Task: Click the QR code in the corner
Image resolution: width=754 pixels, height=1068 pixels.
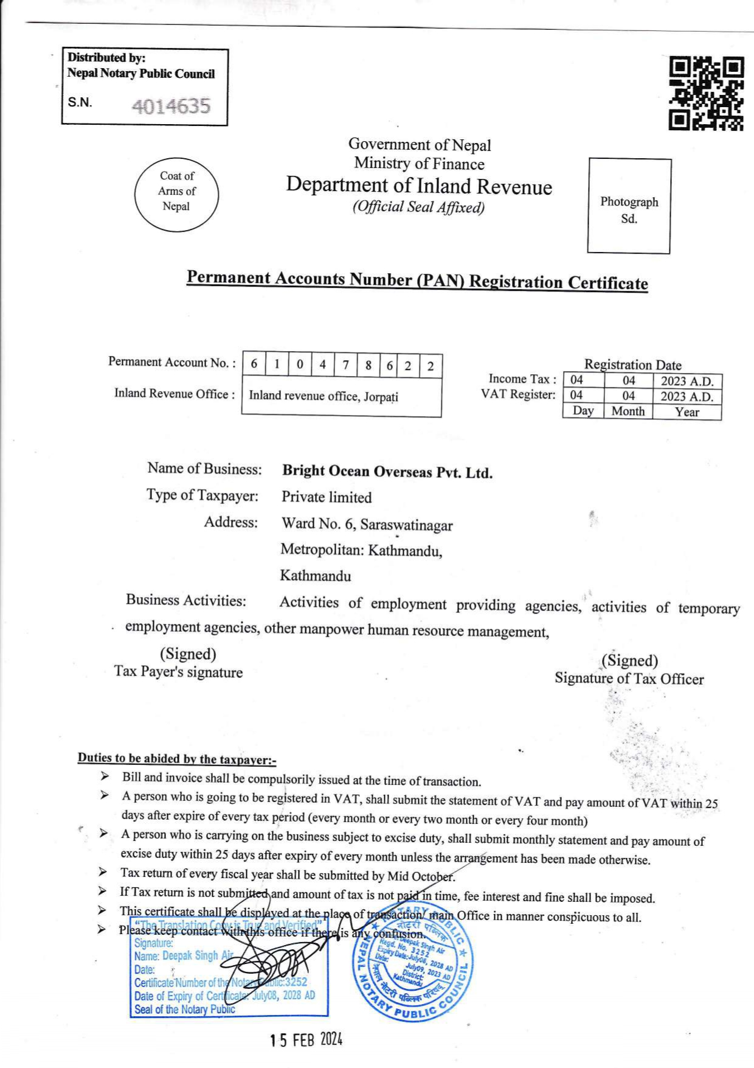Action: click(x=706, y=93)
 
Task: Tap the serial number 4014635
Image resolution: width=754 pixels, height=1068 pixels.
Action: click(x=171, y=106)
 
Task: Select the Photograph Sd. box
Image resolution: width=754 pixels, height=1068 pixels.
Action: click(x=629, y=206)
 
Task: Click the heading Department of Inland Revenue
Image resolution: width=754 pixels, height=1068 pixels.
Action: click(x=419, y=186)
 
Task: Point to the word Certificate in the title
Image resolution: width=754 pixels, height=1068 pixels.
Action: click(x=607, y=283)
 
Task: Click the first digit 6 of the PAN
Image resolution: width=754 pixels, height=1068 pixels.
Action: click(x=254, y=365)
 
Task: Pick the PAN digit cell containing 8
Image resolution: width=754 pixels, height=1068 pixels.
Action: click(x=368, y=365)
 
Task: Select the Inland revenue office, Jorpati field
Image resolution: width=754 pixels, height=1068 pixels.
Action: click(x=323, y=396)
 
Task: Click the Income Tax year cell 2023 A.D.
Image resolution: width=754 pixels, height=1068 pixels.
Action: click(x=687, y=382)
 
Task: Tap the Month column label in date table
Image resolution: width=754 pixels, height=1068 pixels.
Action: click(x=628, y=411)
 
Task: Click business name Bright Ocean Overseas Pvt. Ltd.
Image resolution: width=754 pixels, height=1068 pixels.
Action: click(x=387, y=472)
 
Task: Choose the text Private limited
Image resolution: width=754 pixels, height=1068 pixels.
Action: click(x=326, y=498)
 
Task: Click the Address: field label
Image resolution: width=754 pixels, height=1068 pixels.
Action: click(x=230, y=523)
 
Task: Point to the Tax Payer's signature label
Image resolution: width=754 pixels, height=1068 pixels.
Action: click(x=178, y=672)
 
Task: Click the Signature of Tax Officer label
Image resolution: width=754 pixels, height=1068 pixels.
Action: click(x=629, y=679)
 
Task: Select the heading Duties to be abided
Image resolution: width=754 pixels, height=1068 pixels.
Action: click(x=176, y=759)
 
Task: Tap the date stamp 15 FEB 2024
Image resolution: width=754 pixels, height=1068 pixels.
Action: click(x=306, y=1040)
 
